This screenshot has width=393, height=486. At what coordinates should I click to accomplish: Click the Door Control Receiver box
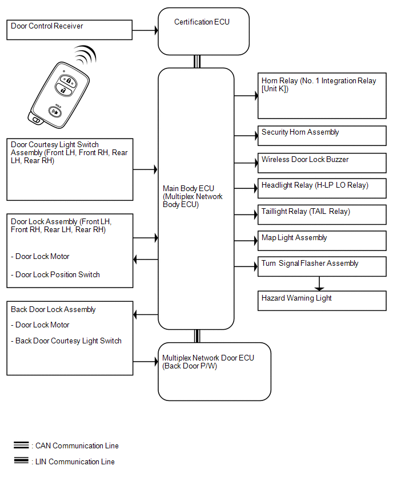pyautogui.click(x=70, y=30)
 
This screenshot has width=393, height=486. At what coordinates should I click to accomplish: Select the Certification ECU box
pyautogui.click(x=203, y=31)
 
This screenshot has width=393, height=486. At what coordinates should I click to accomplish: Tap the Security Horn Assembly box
pyautogui.click(x=322, y=136)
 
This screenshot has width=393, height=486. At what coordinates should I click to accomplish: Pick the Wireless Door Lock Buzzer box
pyautogui.click(x=322, y=163)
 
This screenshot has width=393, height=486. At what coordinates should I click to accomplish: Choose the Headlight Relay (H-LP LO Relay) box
pyautogui.click(x=322, y=188)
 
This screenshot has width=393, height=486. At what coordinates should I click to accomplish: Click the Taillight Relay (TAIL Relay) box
pyautogui.click(x=322, y=214)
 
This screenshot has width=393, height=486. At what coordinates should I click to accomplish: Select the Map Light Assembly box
pyautogui.click(x=322, y=241)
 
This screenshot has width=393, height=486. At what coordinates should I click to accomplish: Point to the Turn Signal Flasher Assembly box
pyautogui.click(x=322, y=266)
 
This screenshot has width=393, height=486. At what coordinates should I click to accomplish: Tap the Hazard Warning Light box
pyautogui.click(x=322, y=301)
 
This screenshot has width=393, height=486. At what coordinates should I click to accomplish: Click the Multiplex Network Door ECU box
pyautogui.click(x=214, y=371)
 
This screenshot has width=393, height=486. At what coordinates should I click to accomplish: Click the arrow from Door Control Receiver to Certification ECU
pyautogui.click(x=145, y=30)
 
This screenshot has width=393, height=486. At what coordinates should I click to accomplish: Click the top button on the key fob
pyautogui.click(x=67, y=80)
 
